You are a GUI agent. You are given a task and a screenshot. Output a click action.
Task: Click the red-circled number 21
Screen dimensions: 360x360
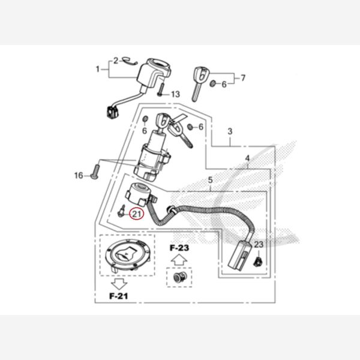coord(137,214)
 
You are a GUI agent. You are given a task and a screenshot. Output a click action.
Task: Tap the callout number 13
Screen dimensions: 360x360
coord(176,94)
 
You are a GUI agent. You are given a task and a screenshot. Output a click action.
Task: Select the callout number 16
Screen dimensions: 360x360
coord(79,176)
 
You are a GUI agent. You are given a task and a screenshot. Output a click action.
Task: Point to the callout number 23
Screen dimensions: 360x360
coord(259,245)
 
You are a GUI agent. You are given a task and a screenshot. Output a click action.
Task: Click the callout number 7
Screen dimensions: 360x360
coord(243,78)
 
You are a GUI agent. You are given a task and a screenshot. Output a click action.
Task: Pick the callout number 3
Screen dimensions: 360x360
coord(230,131)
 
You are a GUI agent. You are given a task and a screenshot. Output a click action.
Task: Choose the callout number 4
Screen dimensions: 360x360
coord(247,158)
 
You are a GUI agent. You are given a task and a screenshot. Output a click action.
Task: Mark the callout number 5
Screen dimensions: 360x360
coord(211,180)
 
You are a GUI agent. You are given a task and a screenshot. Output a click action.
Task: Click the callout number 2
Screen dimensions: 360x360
coord(116,61)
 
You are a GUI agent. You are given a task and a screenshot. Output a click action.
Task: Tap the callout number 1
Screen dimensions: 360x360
coord(98,69)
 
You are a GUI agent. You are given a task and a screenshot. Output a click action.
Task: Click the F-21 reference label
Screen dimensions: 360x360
coord(119,296)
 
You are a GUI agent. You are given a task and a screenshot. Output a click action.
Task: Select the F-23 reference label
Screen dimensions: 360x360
coord(179,248)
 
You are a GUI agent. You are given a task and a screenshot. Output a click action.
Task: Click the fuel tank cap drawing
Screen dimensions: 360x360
coord(127,255)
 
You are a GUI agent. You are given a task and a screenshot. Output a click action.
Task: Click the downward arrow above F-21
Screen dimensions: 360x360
coord(119,284)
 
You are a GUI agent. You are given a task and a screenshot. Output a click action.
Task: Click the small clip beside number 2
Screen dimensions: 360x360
coord(130,61)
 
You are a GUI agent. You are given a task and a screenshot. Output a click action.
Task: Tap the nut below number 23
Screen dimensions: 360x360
coord(258,262)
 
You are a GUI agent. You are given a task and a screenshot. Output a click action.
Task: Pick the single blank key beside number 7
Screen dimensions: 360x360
coord(200,84)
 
